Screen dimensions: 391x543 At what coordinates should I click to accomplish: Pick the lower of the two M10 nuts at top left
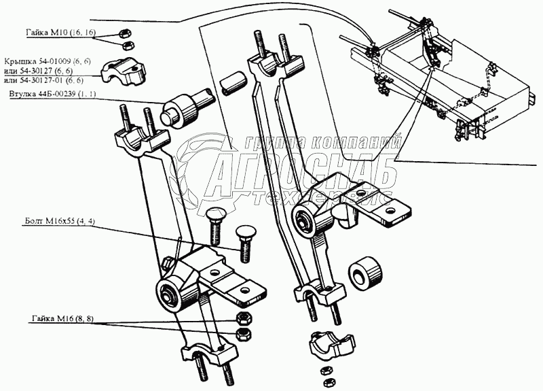[126, 46]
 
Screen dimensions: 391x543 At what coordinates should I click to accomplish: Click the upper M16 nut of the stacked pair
[242, 319]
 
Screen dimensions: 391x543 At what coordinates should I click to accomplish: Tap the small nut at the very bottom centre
[325, 371]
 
